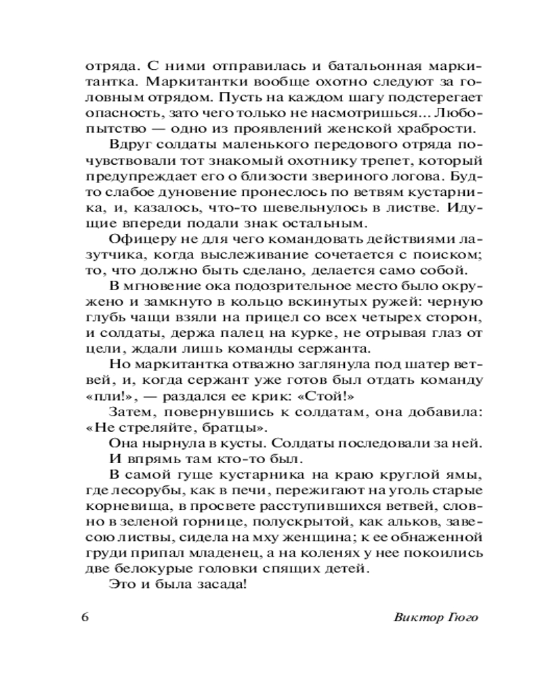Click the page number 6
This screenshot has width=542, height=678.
tap(85, 618)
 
